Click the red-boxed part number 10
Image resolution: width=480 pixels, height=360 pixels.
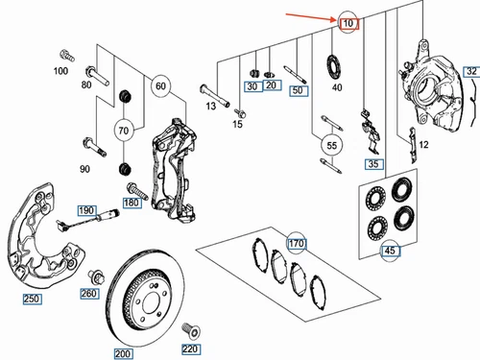point(348,23)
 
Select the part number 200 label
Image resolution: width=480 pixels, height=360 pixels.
point(123,353)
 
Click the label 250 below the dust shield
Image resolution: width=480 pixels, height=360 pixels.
point(32,299)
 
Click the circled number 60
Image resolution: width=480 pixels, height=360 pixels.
point(160,86)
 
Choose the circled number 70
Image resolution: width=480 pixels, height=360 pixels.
point(124,131)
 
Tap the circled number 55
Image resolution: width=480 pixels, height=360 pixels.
point(332,146)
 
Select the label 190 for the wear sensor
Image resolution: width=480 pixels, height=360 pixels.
point(86,210)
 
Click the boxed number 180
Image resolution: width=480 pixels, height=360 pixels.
point(132,203)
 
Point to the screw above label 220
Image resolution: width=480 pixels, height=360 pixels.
point(191,331)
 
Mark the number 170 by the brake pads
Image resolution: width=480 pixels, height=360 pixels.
point(297,244)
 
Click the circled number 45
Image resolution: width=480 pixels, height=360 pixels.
point(391,251)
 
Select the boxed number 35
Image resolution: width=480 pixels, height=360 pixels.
point(374,164)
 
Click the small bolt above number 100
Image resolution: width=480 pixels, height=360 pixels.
point(67,56)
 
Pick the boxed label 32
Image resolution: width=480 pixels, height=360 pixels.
point(471,71)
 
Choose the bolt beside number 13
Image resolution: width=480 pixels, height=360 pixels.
point(214,95)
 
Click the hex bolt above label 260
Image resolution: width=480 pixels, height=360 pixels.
point(96,277)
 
